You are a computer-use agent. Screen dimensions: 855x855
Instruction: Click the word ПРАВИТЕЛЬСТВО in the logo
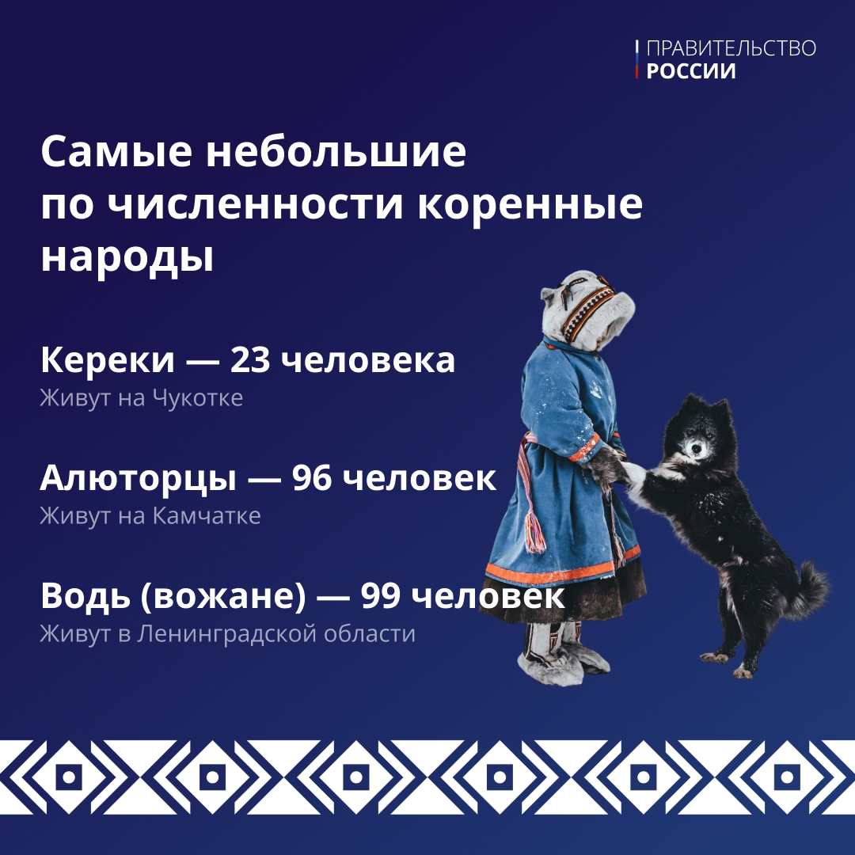pyautogui.click(x=731, y=49)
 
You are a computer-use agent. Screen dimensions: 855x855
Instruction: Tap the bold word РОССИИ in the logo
pyautogui.click(x=691, y=71)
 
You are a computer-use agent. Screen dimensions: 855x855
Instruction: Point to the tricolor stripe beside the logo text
pyautogui.click(x=637, y=60)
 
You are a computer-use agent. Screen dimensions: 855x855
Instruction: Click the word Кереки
pyautogui.click(x=107, y=361)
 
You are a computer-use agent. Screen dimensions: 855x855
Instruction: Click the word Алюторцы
pyautogui.click(x=139, y=479)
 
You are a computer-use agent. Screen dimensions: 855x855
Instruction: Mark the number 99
pyautogui.click(x=382, y=597)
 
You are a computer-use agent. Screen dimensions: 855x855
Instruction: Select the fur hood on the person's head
pyautogui.click(x=586, y=305)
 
